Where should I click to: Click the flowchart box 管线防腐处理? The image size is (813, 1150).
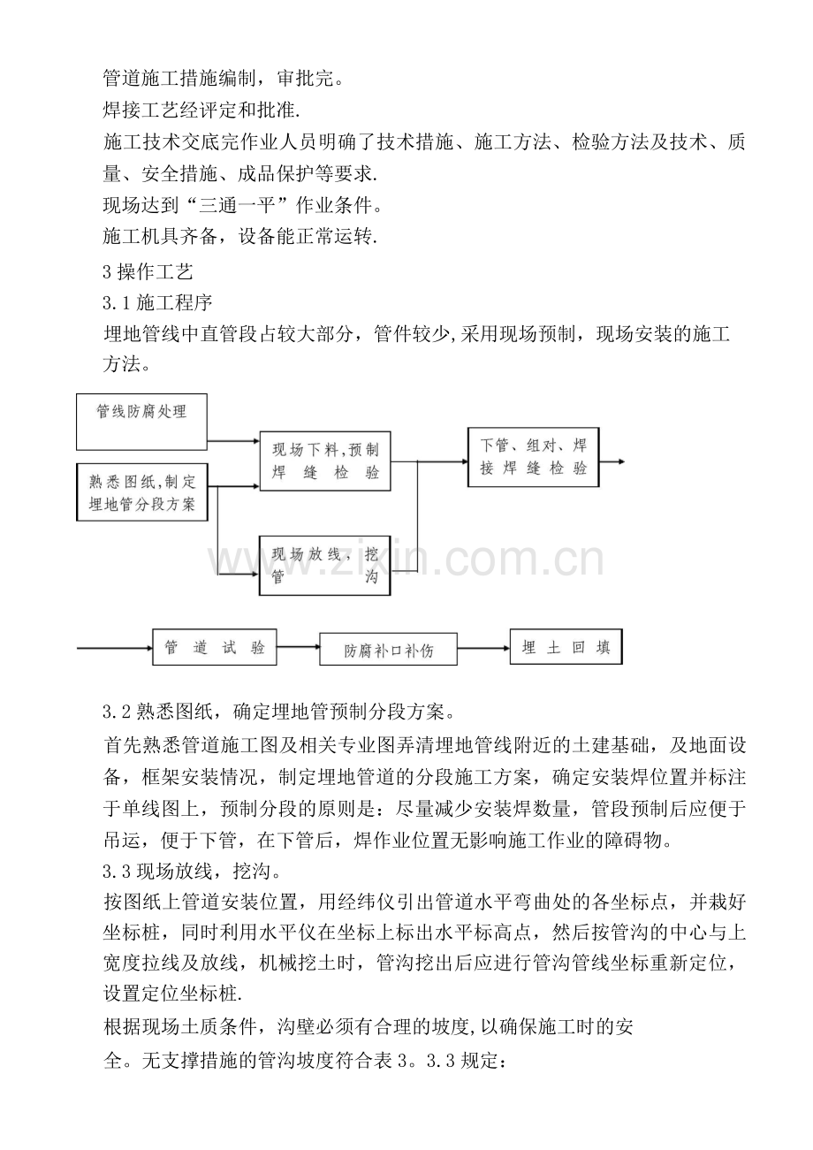point(141,422)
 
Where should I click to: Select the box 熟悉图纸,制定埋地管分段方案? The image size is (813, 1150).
point(142,491)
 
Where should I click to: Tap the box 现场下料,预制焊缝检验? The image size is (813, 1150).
point(325,461)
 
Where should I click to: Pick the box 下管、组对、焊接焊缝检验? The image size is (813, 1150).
point(533,457)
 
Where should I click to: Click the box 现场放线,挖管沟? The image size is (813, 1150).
point(324,565)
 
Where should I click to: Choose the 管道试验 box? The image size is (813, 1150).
point(215,647)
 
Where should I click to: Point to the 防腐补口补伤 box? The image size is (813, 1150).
point(389,649)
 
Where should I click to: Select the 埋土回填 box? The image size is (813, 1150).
point(566,646)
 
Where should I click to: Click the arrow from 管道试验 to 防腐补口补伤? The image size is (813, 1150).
point(298,647)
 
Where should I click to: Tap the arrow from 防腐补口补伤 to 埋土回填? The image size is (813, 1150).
point(483,648)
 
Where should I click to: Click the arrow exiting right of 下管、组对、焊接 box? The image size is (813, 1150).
point(612,461)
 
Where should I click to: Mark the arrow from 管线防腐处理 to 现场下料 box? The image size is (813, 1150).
point(233,440)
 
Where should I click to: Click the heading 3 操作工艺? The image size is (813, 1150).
point(148,272)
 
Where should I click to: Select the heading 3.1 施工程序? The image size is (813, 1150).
point(157,303)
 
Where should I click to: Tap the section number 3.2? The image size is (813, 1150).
point(118,712)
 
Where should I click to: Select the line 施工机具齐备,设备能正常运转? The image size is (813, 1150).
point(240,236)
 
